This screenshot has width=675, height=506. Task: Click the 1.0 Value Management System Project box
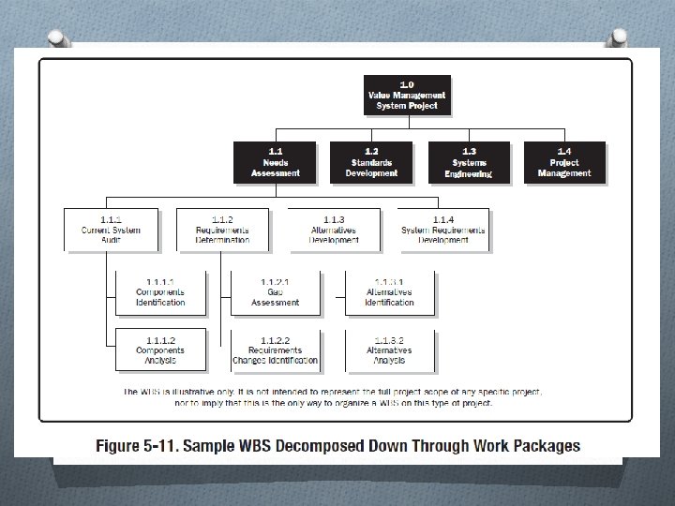(407, 95)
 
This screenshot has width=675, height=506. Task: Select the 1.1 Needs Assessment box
(276, 162)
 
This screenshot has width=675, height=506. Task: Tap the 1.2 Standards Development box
(371, 162)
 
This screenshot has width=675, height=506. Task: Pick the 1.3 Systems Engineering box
(469, 162)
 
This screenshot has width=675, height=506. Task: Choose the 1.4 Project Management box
(564, 162)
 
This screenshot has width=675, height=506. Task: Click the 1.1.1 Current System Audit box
(112, 230)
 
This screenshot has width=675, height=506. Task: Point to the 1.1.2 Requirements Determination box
(222, 230)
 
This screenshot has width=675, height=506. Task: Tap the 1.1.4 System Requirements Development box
(443, 230)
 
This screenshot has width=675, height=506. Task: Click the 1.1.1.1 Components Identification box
(159, 292)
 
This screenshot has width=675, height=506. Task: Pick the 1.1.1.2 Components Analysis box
(159, 350)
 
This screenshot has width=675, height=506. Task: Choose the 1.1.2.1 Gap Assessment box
(276, 292)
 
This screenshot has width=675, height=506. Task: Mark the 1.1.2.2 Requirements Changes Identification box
(276, 350)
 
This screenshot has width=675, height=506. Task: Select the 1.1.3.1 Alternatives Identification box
(389, 292)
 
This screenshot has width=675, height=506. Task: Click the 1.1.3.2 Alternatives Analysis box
(389, 350)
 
